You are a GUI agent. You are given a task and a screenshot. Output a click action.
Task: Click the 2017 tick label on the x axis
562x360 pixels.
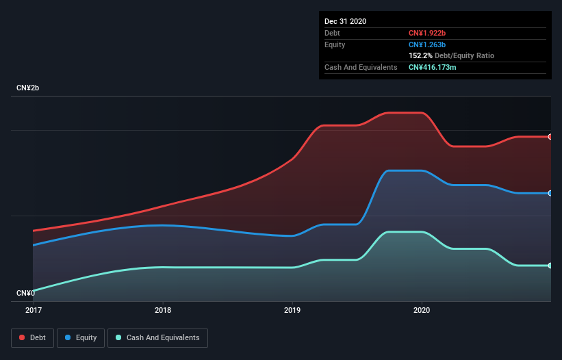click(x=33, y=310)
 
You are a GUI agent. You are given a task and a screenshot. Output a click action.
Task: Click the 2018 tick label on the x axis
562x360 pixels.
click(x=163, y=310)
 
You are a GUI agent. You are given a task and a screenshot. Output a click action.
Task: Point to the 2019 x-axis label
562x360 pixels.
click(x=292, y=310)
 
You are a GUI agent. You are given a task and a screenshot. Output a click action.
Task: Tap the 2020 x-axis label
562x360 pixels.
click(x=422, y=310)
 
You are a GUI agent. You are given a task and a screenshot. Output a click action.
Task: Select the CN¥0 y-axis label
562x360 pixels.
click(x=26, y=293)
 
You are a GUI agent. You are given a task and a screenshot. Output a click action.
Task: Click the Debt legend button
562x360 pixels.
click(x=33, y=337)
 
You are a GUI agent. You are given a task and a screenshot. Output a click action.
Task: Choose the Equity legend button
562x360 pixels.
click(x=81, y=337)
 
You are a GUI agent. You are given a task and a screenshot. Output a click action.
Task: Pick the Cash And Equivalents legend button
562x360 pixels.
click(x=157, y=337)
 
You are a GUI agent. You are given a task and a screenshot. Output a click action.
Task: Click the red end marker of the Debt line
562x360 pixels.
click(x=550, y=137)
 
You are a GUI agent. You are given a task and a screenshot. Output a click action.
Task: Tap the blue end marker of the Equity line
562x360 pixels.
click(x=550, y=193)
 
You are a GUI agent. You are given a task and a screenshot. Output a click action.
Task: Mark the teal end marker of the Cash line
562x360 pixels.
click(x=550, y=266)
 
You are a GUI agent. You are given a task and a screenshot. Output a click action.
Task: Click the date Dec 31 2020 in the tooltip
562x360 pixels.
click(x=345, y=21)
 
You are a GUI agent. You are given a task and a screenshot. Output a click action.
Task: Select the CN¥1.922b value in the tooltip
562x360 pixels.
click(x=427, y=33)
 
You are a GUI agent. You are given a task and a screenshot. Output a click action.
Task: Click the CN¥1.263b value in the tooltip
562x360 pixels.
click(x=427, y=44)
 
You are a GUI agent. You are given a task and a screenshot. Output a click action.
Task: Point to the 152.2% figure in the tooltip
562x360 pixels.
click(x=420, y=55)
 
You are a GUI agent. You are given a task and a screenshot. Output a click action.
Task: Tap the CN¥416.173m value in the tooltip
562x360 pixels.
click(x=433, y=67)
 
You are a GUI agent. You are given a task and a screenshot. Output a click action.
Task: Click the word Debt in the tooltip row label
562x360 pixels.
click(x=332, y=33)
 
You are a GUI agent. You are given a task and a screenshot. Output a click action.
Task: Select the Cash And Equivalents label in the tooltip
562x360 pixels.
click(x=361, y=67)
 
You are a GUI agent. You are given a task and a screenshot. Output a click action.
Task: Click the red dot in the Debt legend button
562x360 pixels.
click(x=22, y=337)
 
